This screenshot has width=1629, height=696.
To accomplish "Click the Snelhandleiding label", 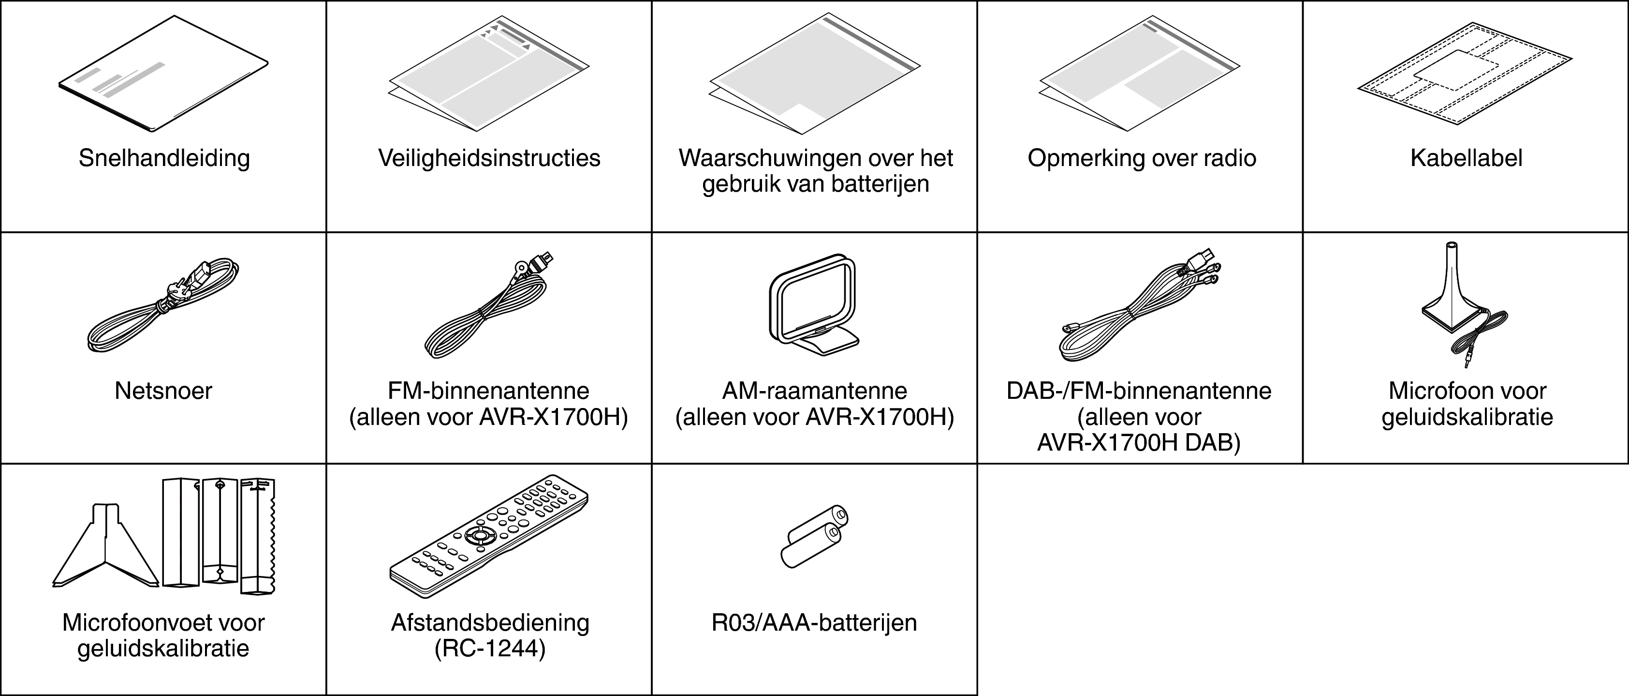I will pyautogui.click(x=164, y=158).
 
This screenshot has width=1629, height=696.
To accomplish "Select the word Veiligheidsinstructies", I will pyautogui.click(x=489, y=158).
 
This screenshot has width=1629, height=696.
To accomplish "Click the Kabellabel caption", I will pyautogui.click(x=1466, y=158).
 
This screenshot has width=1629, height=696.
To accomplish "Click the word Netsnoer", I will pyautogui.click(x=163, y=391).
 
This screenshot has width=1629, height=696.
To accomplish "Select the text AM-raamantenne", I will pyautogui.click(x=814, y=391).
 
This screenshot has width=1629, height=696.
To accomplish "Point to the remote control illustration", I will pyautogui.click(x=489, y=535).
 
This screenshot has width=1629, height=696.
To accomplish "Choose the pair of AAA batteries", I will pyautogui.click(x=814, y=537).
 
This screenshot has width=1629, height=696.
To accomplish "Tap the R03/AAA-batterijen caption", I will pyautogui.click(x=814, y=622).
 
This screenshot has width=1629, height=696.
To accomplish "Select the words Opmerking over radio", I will pyautogui.click(x=1142, y=158).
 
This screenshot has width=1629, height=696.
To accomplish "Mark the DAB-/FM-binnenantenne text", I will pyautogui.click(x=1139, y=391).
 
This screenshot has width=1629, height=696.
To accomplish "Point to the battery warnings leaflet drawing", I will pyautogui.click(x=814, y=75).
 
